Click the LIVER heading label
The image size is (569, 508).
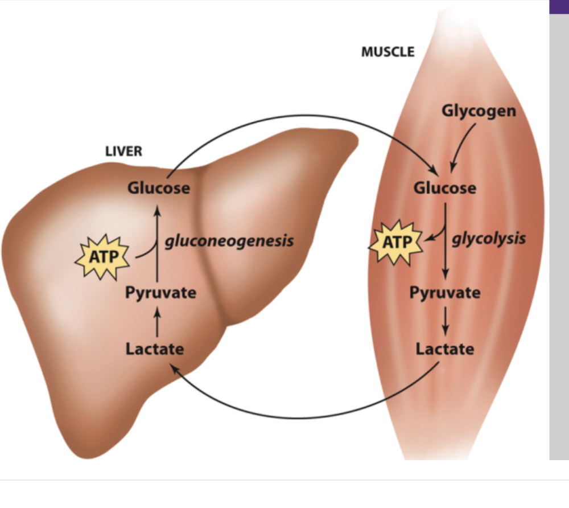pos(123,151)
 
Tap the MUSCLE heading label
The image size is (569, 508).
pos(388,52)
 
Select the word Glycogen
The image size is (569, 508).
pos(479,110)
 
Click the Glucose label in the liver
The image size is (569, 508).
pos(158,187)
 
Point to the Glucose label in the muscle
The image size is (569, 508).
pos(445,187)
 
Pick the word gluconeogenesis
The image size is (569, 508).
pos(229,241)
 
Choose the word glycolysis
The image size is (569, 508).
pos(489,238)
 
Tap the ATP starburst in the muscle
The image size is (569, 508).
pos(397,242)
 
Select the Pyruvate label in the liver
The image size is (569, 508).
pos(161,293)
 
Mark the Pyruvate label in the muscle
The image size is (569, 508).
pos(445,293)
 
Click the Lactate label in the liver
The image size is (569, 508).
pos(155,348)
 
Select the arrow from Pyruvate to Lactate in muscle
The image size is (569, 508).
pos(446,320)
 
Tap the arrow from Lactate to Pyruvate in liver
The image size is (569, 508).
pos(158,321)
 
